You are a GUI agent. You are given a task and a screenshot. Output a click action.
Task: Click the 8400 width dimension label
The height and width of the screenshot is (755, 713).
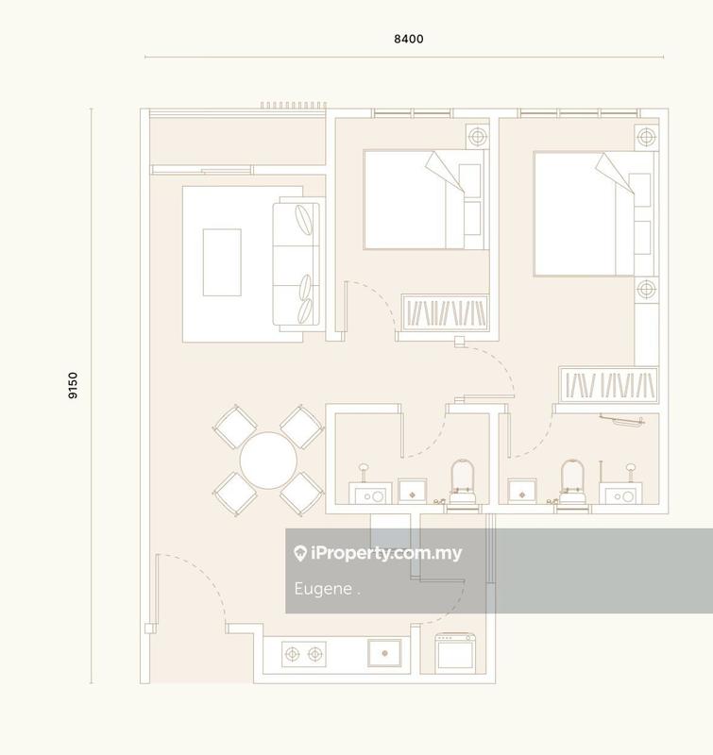pyautogui.click(x=408, y=40)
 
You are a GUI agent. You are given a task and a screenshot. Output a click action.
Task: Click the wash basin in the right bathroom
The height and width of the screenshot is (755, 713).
pyautogui.click(x=622, y=492)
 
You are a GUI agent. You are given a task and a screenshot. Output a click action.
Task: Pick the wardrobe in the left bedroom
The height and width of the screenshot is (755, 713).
pyautogui.click(x=446, y=312)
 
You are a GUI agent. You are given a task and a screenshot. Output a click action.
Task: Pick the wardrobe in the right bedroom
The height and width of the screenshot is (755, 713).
pyautogui.click(x=608, y=385)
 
